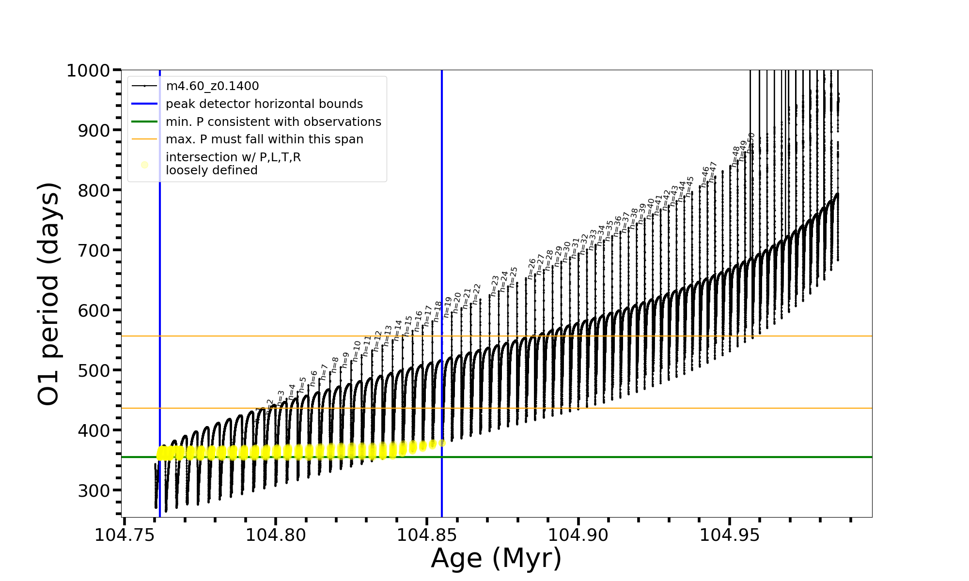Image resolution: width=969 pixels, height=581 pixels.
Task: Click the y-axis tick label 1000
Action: tap(88, 71)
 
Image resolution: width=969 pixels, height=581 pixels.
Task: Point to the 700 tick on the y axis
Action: tap(94, 250)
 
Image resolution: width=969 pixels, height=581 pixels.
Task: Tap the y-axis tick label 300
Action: tap(94, 490)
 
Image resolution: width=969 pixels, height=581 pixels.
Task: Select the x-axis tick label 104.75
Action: tap(125, 535)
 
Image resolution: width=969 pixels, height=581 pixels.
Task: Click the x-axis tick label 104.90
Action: tap(578, 535)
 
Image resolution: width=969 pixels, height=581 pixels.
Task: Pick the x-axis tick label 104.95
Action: tap(730, 535)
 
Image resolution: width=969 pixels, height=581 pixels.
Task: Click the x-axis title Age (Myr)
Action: tap(496, 558)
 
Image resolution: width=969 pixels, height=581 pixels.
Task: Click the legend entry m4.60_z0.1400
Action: tap(212, 86)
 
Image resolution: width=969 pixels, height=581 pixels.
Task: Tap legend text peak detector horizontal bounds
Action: tap(264, 104)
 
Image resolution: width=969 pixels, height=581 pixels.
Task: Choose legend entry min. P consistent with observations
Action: tap(273, 122)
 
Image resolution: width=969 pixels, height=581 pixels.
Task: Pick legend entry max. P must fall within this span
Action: tap(264, 139)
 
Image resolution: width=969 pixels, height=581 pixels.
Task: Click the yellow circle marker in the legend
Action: tap(144, 165)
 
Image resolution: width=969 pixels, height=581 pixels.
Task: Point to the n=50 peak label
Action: tap(751, 143)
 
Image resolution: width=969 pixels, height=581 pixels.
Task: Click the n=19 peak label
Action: tap(448, 307)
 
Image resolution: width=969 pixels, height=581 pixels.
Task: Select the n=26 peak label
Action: tap(531, 269)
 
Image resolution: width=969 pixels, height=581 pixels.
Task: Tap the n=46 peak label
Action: tap(705, 177)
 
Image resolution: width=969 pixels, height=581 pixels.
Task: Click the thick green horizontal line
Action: tap(630, 457)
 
